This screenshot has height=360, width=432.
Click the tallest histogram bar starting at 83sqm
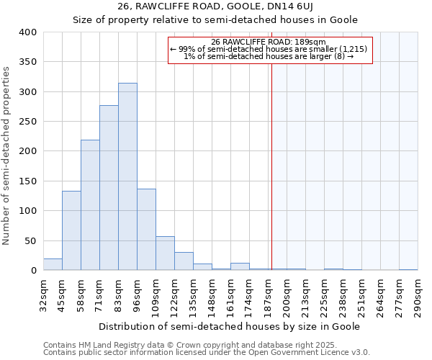pos(127,176)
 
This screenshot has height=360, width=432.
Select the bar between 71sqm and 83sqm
pos(109,188)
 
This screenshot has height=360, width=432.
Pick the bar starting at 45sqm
pos(71,230)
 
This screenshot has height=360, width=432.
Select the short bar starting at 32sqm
pos(53,264)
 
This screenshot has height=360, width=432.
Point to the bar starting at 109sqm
pos(165,253)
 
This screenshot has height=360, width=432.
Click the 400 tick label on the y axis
pos(27,32)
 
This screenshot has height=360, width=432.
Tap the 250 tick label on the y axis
pos(27,122)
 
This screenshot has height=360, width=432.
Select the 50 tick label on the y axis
pos(30,240)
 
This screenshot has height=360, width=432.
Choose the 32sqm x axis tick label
pos(47,295)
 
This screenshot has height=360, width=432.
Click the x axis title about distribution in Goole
pos(228,326)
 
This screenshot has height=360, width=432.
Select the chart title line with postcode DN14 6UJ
pos(215,6)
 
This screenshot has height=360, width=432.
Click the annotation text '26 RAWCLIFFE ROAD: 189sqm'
pos(269,42)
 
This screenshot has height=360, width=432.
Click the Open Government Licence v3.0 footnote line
pos(207,353)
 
